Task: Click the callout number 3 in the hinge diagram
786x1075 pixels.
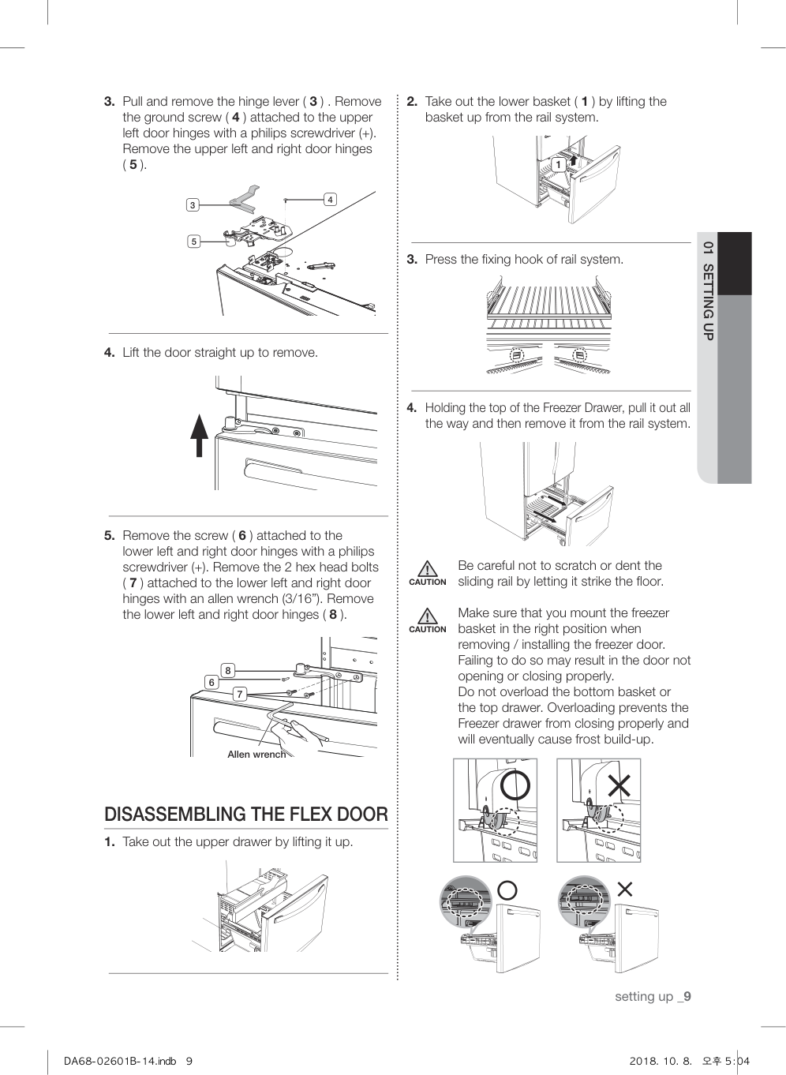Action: point(192,205)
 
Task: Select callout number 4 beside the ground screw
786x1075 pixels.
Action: point(331,200)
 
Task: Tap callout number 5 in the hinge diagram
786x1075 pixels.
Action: point(193,242)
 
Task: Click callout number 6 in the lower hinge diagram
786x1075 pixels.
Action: point(211,682)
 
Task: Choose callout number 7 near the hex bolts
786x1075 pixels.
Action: point(240,694)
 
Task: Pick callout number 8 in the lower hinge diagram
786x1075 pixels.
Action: point(228,671)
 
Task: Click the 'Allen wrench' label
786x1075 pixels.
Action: point(256,755)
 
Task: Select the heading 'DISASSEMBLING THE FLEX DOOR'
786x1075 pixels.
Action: point(246,815)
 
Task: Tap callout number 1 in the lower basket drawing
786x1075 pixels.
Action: point(558,165)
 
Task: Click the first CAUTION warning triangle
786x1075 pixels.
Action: point(427,569)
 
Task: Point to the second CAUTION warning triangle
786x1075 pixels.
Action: point(427,616)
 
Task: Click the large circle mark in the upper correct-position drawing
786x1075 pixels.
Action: point(515,785)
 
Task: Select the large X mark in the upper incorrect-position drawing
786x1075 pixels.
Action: point(619,785)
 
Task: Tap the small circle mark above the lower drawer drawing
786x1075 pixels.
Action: point(507,890)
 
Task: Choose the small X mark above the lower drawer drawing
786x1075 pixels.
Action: point(624,890)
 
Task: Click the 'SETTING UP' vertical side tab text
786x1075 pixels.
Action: point(708,302)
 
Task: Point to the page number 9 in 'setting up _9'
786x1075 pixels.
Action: point(687,996)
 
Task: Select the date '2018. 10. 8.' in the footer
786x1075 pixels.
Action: point(661,1061)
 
